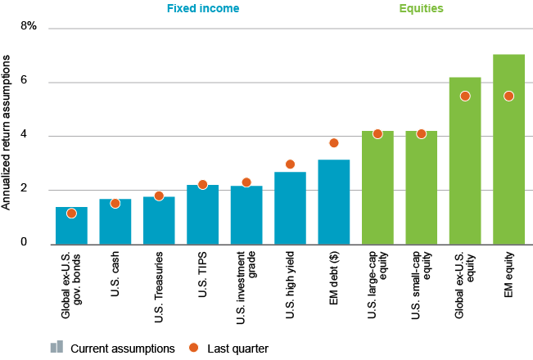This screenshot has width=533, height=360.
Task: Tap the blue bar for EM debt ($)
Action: (x=333, y=205)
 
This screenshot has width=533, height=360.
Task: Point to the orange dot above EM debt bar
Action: (x=333, y=143)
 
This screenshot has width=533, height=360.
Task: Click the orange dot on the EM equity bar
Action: (x=508, y=96)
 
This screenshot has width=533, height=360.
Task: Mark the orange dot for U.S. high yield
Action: (x=290, y=164)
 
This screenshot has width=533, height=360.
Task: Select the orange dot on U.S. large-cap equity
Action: (x=377, y=133)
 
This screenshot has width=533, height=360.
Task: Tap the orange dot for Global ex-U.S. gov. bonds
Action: (x=71, y=214)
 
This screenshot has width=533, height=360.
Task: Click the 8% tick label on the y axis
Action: (x=29, y=27)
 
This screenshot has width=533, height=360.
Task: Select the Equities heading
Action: (x=422, y=10)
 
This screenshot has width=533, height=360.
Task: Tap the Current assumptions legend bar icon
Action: (x=56, y=347)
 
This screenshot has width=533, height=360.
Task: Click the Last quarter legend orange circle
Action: (x=194, y=348)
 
